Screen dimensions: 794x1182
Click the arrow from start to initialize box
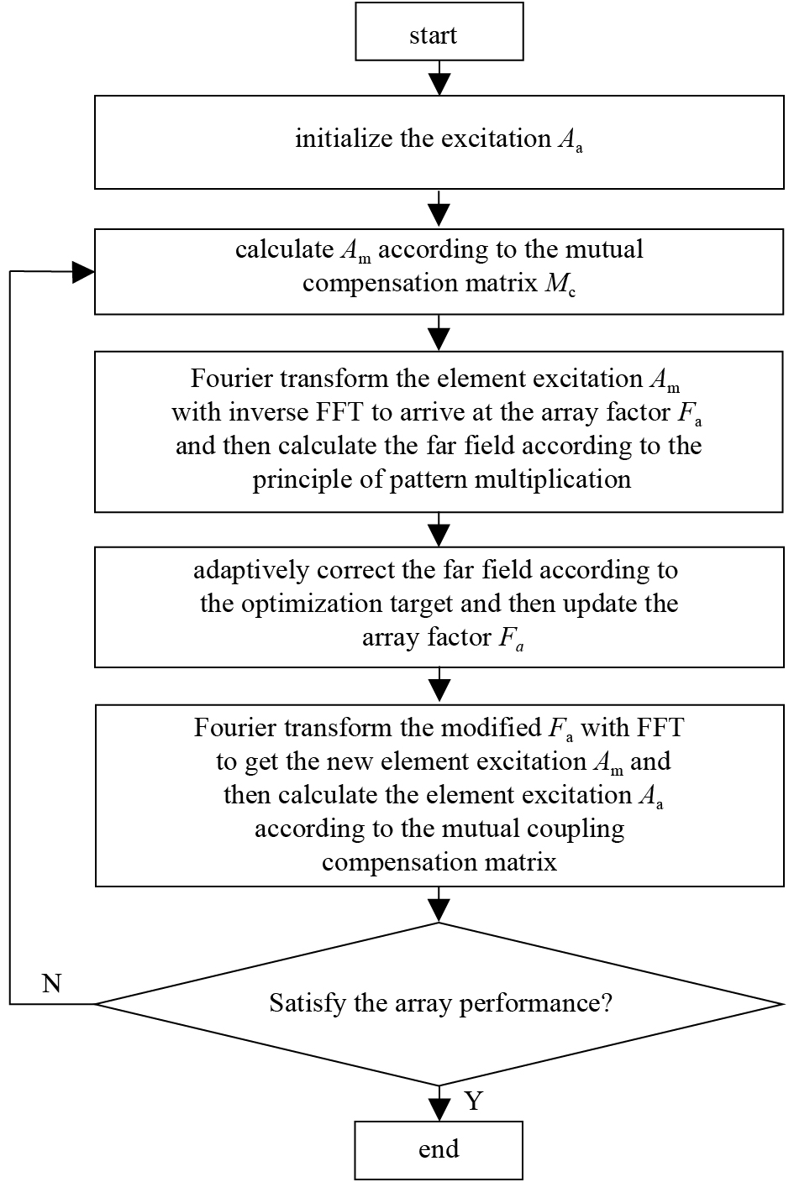pyautogui.click(x=439, y=78)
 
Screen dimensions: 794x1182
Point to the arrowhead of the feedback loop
pyautogui.click(x=83, y=272)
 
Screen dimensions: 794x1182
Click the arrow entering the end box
pyautogui.click(x=439, y=1103)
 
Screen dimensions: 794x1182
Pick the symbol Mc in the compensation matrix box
pyautogui.click(x=560, y=285)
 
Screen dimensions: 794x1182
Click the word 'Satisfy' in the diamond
pyautogui.click(x=308, y=1004)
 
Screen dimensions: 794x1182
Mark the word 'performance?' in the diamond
pyautogui.click(x=535, y=1004)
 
